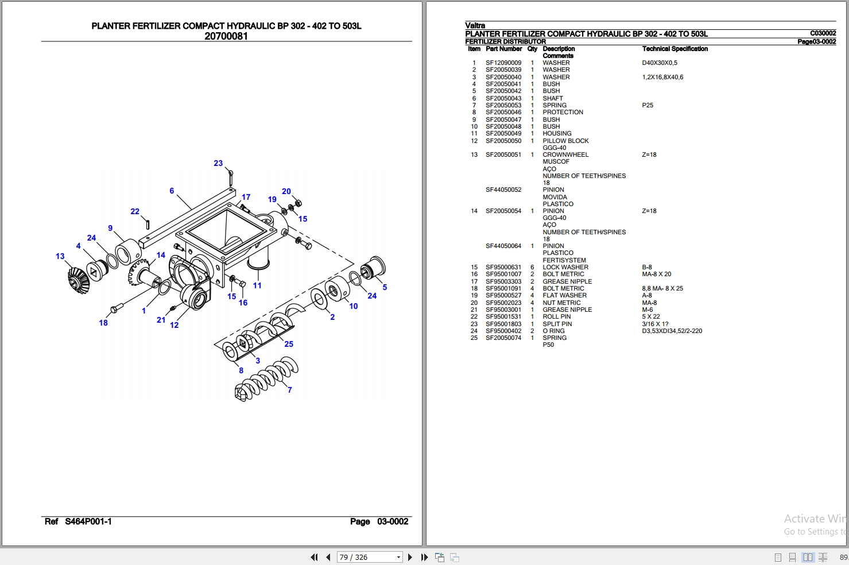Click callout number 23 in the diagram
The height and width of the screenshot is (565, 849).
(218, 163)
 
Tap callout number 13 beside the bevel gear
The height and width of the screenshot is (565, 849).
(60, 256)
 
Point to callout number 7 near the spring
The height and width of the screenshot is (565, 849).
(290, 390)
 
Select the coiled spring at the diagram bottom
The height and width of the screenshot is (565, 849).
(266, 379)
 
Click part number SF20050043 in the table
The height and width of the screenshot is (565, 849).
(503, 98)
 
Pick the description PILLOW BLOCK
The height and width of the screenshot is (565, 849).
(565, 141)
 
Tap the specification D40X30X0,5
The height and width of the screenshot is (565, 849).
(660, 63)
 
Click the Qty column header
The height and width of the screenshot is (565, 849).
(532, 49)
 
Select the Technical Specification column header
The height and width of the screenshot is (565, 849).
(674, 49)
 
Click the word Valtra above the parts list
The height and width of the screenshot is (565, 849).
(475, 25)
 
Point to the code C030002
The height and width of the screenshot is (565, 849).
(823, 33)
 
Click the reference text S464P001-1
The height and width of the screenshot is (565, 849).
(88, 521)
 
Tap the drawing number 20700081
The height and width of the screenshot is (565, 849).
(226, 36)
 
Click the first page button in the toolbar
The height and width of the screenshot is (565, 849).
(314, 557)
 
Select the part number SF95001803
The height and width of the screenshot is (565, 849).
(503, 324)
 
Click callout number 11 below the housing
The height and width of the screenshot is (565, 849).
(257, 285)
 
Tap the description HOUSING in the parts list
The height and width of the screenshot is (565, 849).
(557, 133)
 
